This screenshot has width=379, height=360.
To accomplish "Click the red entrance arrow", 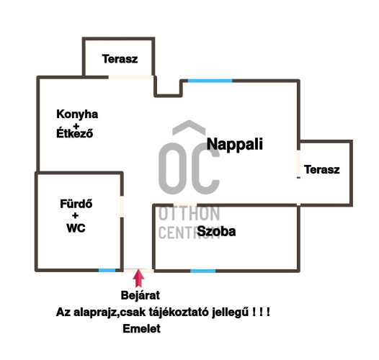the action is coord(138,279).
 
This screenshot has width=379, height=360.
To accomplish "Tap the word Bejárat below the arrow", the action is coord(141,295).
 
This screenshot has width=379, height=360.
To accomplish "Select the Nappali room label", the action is coord(234,144).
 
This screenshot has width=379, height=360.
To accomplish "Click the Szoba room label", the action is coord(216,231).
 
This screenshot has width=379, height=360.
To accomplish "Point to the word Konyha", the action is coord(77,114).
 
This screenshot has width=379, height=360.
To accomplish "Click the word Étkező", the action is coord(74,133).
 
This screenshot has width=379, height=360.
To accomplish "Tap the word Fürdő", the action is coord(76,204).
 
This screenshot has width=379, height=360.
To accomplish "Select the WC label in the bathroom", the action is coord(76,228).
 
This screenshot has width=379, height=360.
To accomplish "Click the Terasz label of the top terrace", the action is coord(120,59).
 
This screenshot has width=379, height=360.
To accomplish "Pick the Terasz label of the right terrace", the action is coord(321,169).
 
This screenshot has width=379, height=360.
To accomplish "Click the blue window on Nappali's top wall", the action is coord(210,81).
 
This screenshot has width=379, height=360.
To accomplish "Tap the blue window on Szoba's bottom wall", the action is coord(202,271).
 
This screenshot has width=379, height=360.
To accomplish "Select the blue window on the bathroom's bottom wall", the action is coord(107,270).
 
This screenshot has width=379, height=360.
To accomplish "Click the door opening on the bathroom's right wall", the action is coord(122,207).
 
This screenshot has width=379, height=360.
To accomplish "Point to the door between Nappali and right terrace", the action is coord(299,163).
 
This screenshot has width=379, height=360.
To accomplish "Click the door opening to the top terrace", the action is coord(130,77).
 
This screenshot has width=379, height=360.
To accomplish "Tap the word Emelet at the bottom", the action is coord(141,329).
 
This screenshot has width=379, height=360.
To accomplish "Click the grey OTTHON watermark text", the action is coord(189,214).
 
